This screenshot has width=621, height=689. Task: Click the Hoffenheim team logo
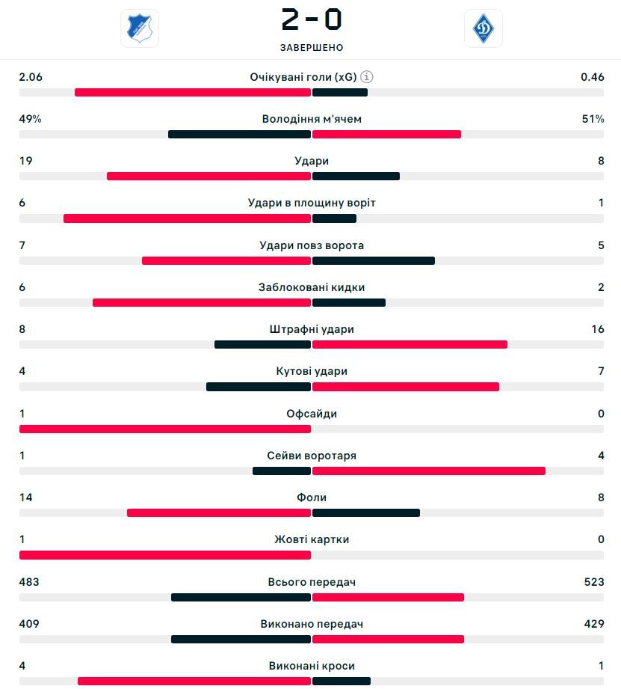[140, 28]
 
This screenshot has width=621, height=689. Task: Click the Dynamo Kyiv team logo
[483, 28]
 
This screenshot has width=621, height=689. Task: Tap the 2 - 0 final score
[311, 20]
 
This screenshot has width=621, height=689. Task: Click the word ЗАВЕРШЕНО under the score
[312, 48]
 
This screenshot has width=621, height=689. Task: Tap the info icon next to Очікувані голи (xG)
[366, 76]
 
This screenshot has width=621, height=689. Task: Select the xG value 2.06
[31, 76]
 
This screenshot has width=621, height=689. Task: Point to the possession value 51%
[593, 119]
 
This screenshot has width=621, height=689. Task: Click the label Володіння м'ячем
[312, 119]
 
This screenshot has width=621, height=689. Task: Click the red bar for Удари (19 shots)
[208, 177]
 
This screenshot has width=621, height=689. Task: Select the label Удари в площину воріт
[312, 203]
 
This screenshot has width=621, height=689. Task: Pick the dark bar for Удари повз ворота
[374, 261]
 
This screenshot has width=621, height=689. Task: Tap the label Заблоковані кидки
[312, 287]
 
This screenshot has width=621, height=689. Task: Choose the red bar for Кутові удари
[406, 387]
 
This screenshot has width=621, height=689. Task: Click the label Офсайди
[312, 414]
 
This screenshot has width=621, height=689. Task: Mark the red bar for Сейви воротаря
[429, 471]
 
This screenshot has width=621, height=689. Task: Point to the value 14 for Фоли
[26, 497]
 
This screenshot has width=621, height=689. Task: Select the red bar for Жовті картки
[164, 555]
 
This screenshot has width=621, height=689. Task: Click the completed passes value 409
[29, 624]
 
